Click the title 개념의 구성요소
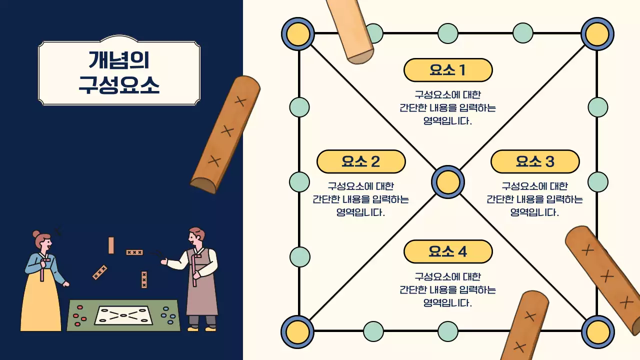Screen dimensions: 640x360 click(119, 72)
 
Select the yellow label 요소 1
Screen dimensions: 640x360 click(448, 70)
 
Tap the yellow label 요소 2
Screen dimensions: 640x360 click(361, 161)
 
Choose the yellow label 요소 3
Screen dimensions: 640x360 click(535, 161)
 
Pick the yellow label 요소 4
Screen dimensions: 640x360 click(448, 251)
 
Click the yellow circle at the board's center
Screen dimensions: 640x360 click(448, 182)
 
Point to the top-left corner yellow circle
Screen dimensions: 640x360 click(298, 33)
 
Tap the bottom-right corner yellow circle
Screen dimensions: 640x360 click(597, 331)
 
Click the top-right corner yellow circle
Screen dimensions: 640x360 click(597, 33)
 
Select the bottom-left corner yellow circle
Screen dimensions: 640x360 click(297, 331)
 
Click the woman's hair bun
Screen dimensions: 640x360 click(36, 233)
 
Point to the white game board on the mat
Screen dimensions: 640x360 click(123, 315)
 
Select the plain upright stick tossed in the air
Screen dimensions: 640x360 click(111, 245)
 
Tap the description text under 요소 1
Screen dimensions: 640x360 click(448, 107)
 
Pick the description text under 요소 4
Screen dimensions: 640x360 click(448, 289)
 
